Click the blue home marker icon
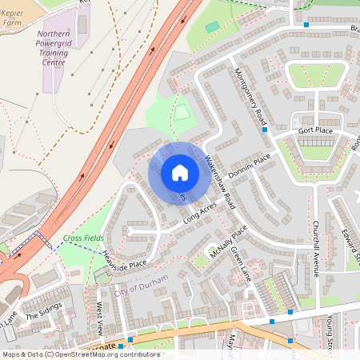180,173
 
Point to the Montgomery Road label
249,94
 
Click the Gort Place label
315,130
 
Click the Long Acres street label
200,212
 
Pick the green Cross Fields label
83,238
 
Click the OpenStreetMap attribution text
80,354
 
